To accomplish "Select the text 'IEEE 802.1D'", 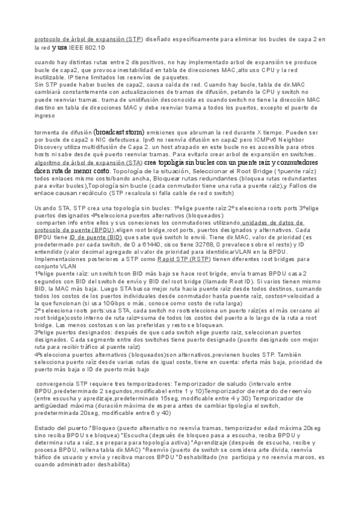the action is pos(86,46).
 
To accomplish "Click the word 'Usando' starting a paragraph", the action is pos(46,207).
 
